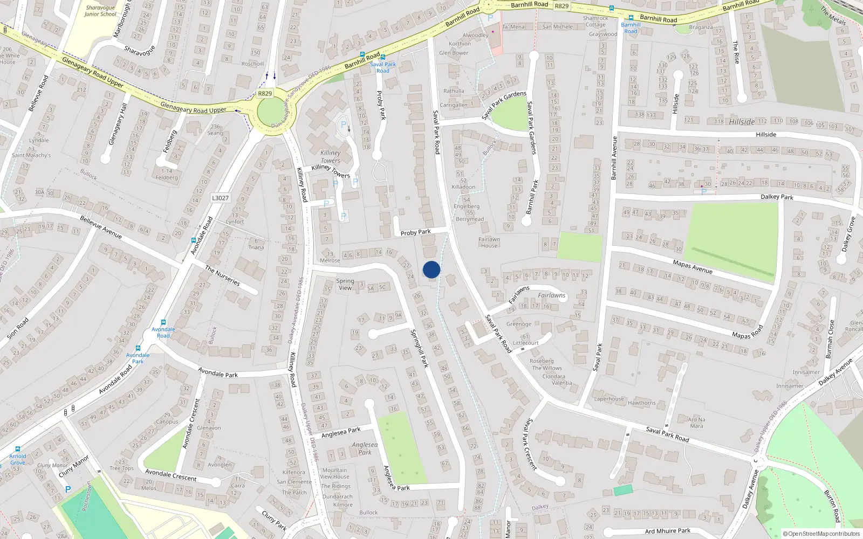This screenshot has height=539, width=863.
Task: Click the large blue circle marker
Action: (432, 269)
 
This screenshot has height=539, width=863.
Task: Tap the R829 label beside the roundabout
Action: (265, 93)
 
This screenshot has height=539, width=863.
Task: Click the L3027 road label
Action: (220, 198)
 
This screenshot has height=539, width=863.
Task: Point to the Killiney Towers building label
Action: (330, 156)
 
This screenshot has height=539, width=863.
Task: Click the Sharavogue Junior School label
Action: (100, 11)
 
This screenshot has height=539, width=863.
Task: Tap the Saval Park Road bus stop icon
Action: (383, 57)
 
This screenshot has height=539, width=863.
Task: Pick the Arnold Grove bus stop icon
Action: (18, 448)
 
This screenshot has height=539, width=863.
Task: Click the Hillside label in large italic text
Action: (742, 122)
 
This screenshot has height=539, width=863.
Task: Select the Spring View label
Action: (345, 284)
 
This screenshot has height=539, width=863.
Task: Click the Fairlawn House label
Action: (489, 242)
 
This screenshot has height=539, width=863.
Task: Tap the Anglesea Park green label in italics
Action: (365, 448)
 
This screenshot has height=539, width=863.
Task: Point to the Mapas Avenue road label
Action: (693, 266)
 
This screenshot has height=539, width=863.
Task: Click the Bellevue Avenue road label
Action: (101, 227)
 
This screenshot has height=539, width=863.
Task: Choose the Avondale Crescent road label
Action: (171, 475)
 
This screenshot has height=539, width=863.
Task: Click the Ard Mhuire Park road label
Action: (668, 531)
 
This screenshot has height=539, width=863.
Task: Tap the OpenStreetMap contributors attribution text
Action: (821, 534)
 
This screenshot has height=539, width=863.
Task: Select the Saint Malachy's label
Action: (31, 155)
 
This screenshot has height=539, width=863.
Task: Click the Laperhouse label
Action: (609, 399)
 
